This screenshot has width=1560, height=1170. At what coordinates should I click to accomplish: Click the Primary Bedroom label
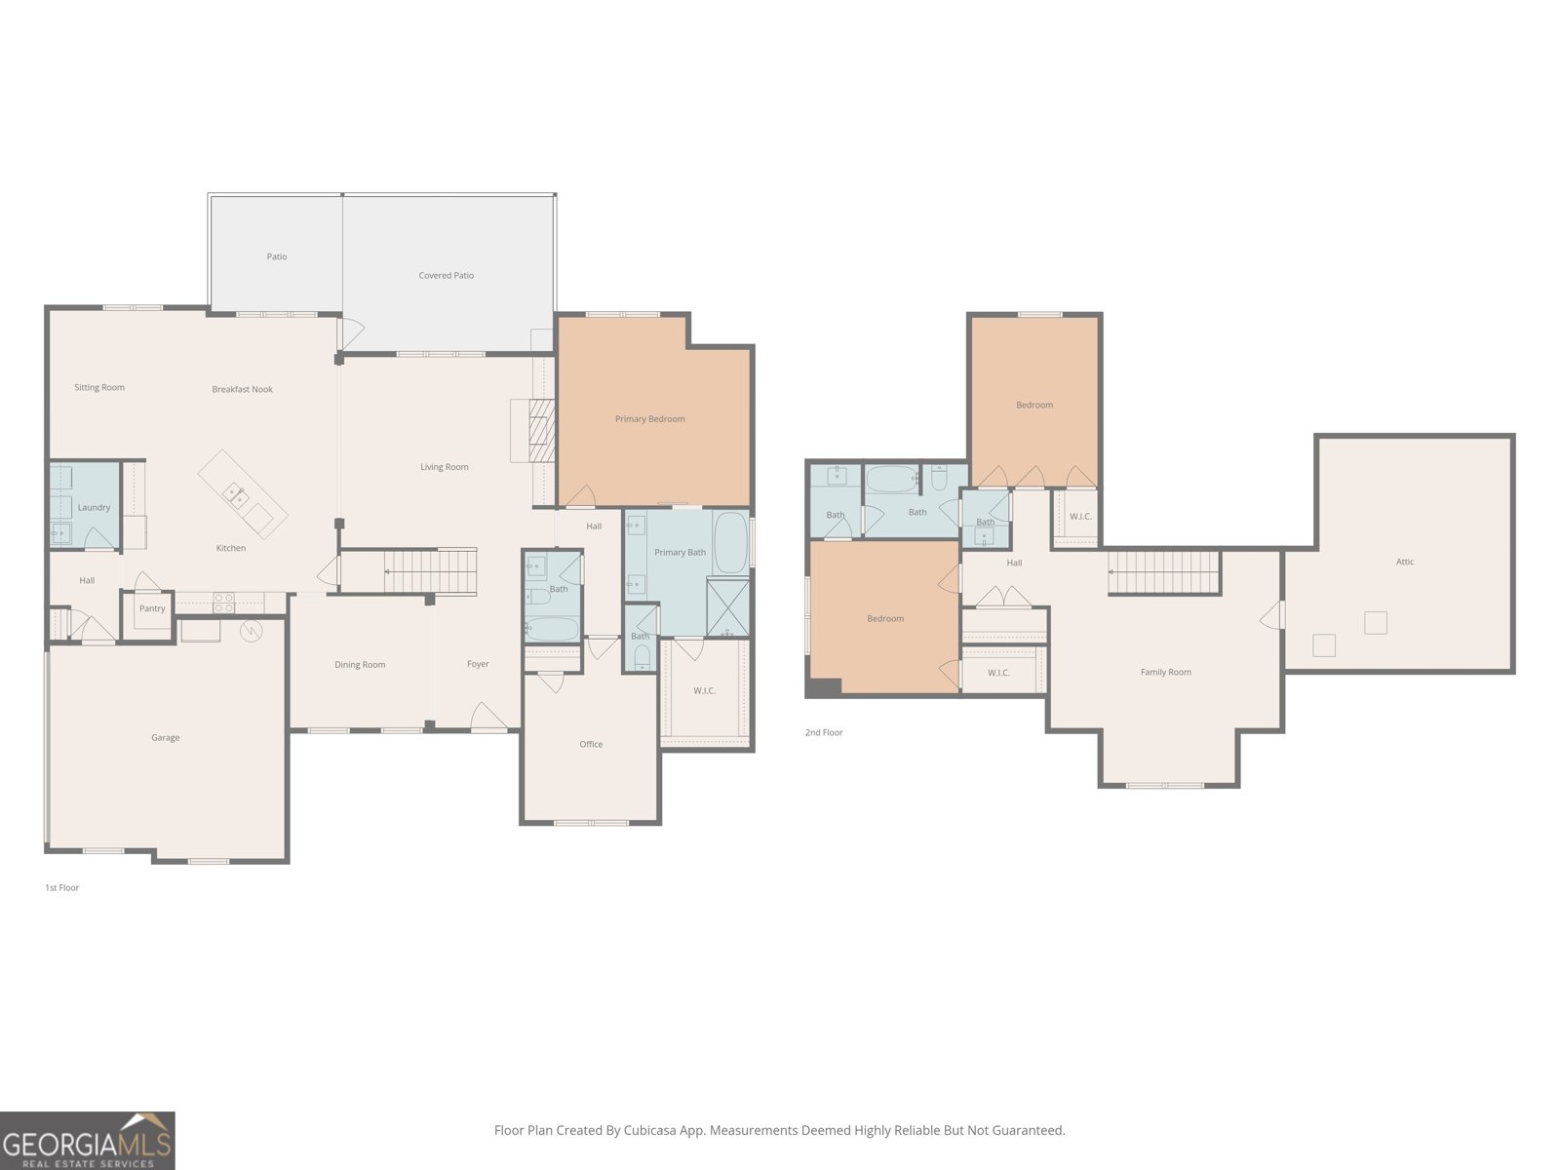(649, 419)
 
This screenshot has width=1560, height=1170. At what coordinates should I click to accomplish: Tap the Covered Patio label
(447, 276)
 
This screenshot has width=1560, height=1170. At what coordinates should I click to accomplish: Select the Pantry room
(152, 609)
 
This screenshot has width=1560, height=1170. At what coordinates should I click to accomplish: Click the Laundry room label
(95, 508)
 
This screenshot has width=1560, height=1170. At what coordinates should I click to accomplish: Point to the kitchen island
(244, 494)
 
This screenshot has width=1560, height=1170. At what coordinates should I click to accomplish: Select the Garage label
(166, 738)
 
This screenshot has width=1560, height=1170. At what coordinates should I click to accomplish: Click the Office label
(591, 745)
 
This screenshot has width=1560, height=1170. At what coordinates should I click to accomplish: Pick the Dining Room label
(360, 665)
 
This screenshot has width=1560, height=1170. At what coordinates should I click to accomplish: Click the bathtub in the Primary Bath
(729, 542)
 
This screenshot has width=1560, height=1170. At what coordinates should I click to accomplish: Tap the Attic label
(1405, 562)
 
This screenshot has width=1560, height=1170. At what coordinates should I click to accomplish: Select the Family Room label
(1166, 673)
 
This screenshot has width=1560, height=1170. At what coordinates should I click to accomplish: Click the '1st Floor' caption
(61, 888)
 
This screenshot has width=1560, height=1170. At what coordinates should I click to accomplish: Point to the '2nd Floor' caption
(824, 732)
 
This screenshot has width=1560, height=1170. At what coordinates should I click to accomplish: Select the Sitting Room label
(99, 388)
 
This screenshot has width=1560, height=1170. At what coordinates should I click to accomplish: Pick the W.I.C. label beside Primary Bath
(705, 691)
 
